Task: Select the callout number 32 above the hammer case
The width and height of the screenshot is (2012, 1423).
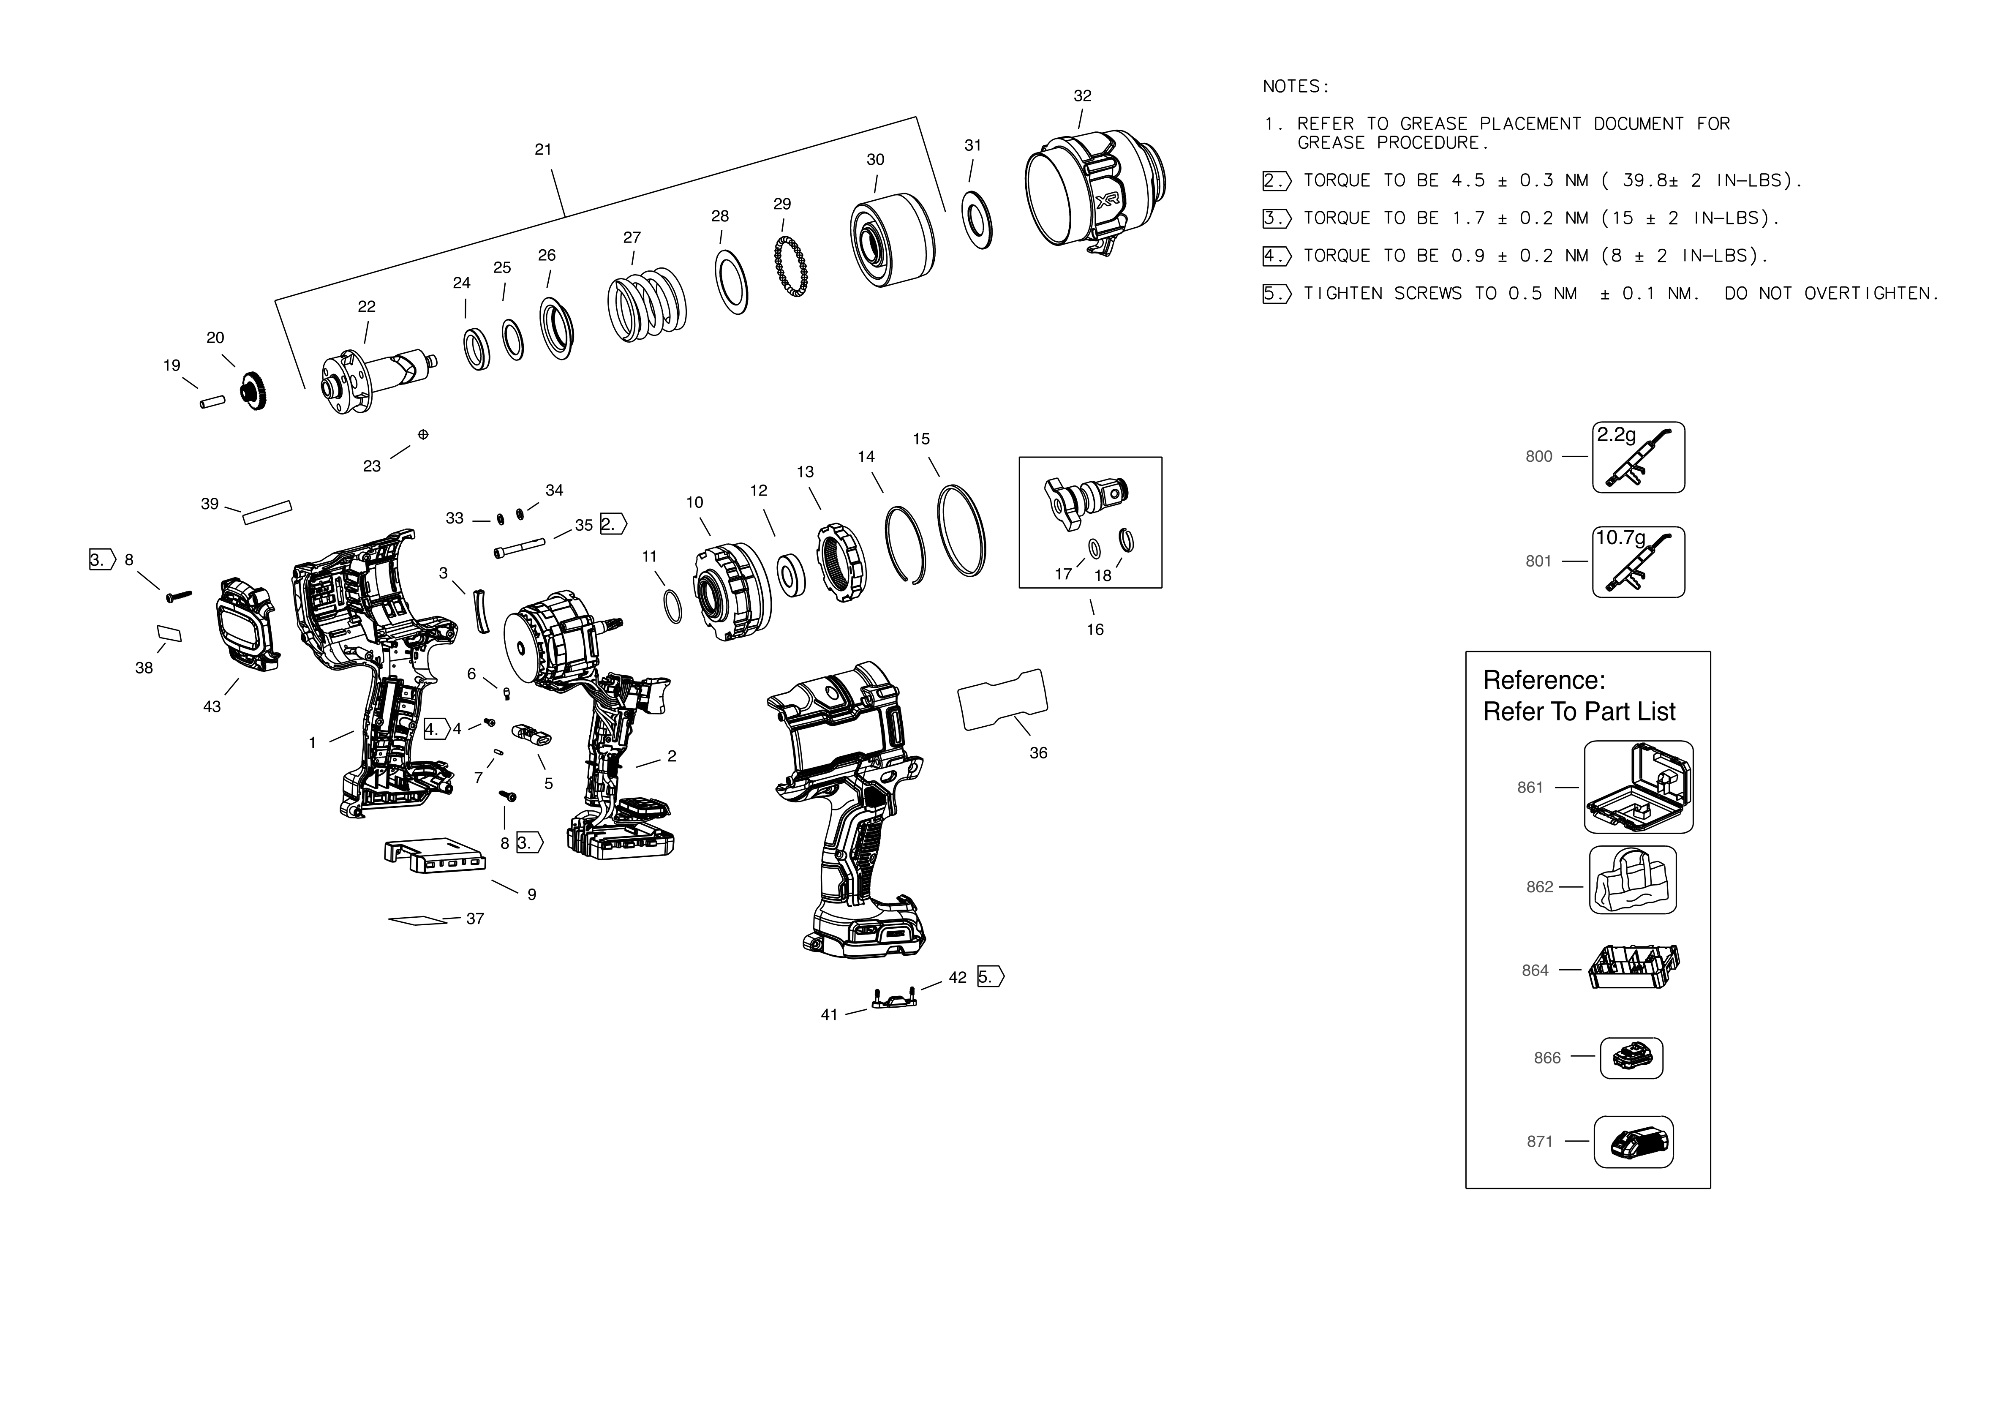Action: coord(1082,95)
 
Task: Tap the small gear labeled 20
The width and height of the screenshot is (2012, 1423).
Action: coord(253,391)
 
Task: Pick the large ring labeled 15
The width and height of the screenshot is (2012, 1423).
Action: coord(961,530)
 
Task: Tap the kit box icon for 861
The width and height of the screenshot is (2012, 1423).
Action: coord(1638,787)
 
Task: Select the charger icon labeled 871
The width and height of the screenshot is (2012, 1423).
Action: coord(1633,1142)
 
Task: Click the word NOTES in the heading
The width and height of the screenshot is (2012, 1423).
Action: coord(1295,87)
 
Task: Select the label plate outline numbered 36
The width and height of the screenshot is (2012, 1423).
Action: coord(1002,699)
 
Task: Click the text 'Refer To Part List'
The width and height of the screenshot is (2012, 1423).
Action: coord(1578,711)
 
